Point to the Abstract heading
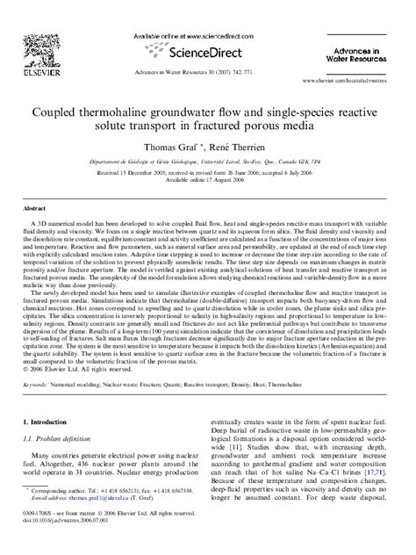click(34, 210)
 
